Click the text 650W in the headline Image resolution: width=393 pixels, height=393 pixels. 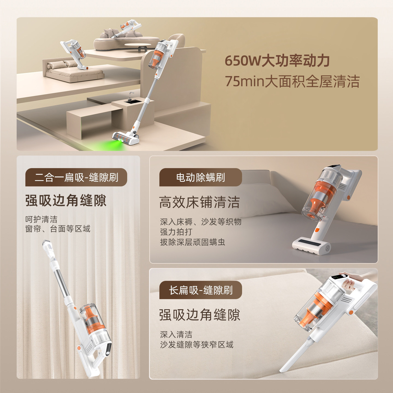point(243,61)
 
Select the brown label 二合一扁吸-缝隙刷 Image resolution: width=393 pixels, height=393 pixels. point(76,177)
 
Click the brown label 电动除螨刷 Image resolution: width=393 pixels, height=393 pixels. point(201,177)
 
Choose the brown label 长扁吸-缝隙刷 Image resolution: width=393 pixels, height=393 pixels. point(201,290)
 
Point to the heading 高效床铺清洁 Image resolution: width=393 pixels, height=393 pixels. point(200,202)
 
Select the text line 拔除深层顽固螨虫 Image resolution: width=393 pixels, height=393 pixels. point(192,242)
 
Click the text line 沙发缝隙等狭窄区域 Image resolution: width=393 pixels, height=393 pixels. point(196,345)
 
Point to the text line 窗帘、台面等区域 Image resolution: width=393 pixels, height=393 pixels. point(58,229)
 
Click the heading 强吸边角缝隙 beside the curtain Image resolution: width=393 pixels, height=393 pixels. point(66,201)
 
